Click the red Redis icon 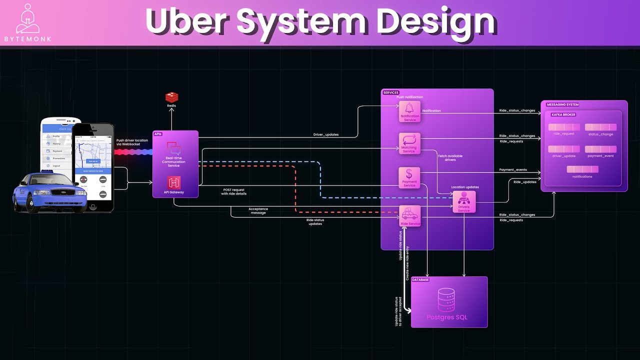coord(171,97)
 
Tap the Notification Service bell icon coord(410,108)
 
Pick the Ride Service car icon coord(409,214)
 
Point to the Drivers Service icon coord(464,198)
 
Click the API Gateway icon coord(174,183)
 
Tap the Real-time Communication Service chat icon coord(173,148)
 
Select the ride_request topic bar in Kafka coord(564,127)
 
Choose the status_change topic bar coord(600,127)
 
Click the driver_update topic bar coord(564,149)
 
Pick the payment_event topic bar coord(600,149)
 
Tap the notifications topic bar coord(582,169)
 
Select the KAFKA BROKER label coord(563,115)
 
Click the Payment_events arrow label coord(513,170)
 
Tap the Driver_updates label coord(325,134)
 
